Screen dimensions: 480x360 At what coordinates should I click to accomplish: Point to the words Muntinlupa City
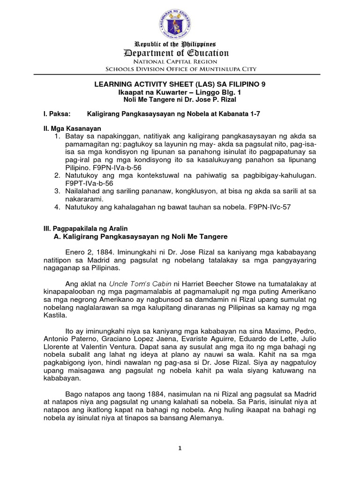[229, 69]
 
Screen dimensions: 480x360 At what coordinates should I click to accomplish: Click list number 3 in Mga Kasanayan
[56, 191]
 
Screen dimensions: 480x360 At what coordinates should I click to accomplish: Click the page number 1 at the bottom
[180, 448]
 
